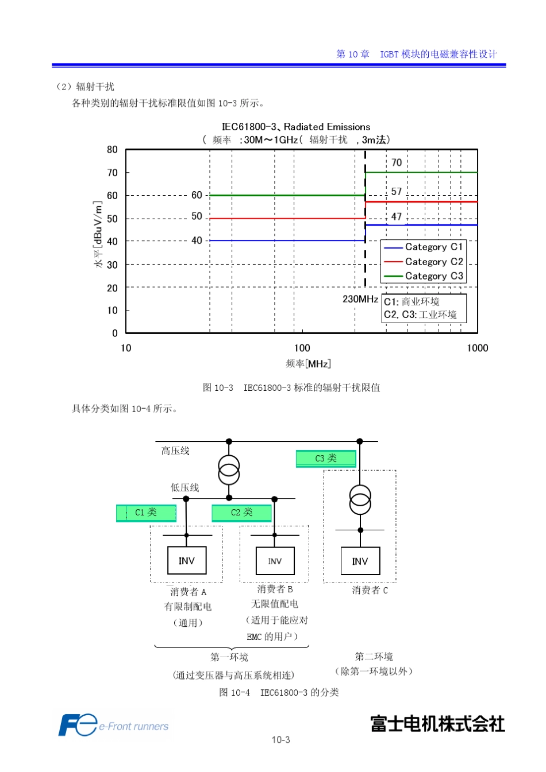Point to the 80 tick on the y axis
pyautogui.click(x=112, y=150)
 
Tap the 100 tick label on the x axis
pyautogui.click(x=302, y=348)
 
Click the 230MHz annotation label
pyautogui.click(x=360, y=299)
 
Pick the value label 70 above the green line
pyautogui.click(x=397, y=162)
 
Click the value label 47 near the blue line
pyautogui.click(x=397, y=216)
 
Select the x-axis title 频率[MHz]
pyautogui.click(x=308, y=363)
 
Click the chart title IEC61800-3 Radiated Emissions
pyautogui.click(x=296, y=127)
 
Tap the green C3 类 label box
pyautogui.click(x=326, y=459)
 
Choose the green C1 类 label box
pyautogui.click(x=146, y=513)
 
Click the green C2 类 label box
pyautogui.click(x=241, y=513)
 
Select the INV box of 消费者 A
pyautogui.click(x=187, y=561)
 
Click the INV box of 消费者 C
pyautogui.click(x=360, y=561)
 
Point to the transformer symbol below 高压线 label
pyautogui.click(x=229, y=470)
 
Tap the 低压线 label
pyautogui.click(x=184, y=487)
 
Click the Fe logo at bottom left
pyautogui.click(x=78, y=726)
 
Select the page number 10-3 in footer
pyautogui.click(x=280, y=740)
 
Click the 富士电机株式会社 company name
pyautogui.click(x=437, y=724)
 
